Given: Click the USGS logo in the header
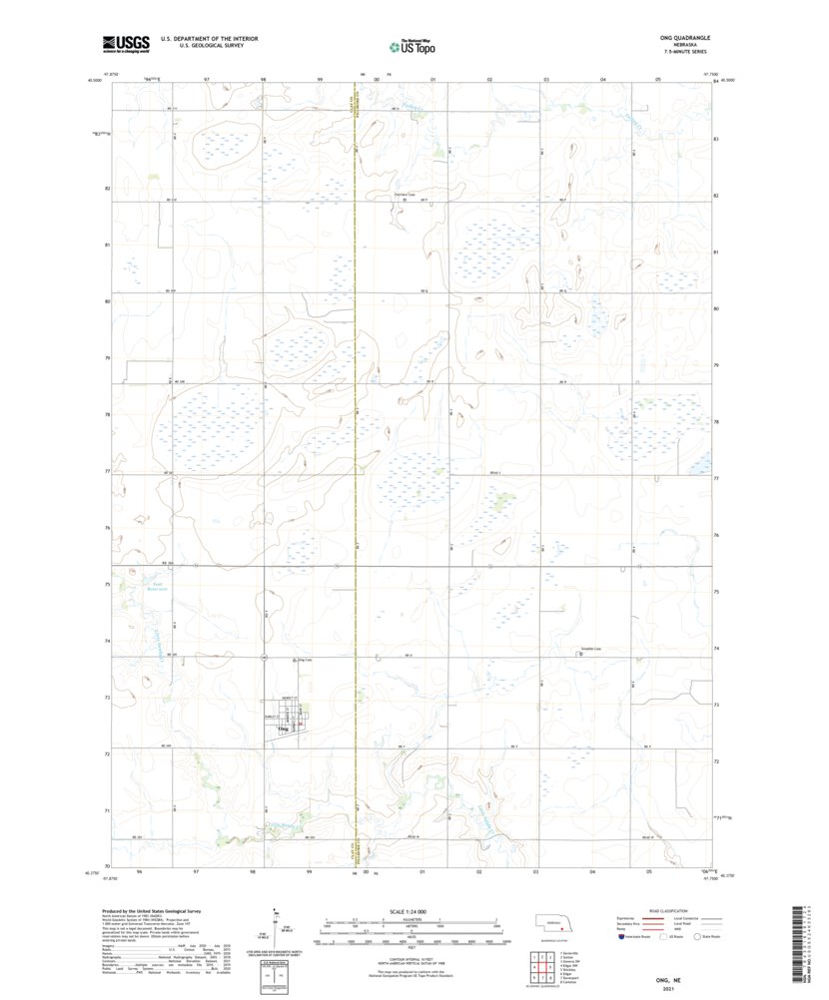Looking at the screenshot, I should [125, 43].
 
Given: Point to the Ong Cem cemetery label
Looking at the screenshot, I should [293, 659].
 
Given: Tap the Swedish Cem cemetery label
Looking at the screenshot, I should [590, 649].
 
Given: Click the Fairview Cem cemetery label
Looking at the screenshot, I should [404, 195].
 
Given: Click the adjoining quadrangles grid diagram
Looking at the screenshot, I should [538, 967].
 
